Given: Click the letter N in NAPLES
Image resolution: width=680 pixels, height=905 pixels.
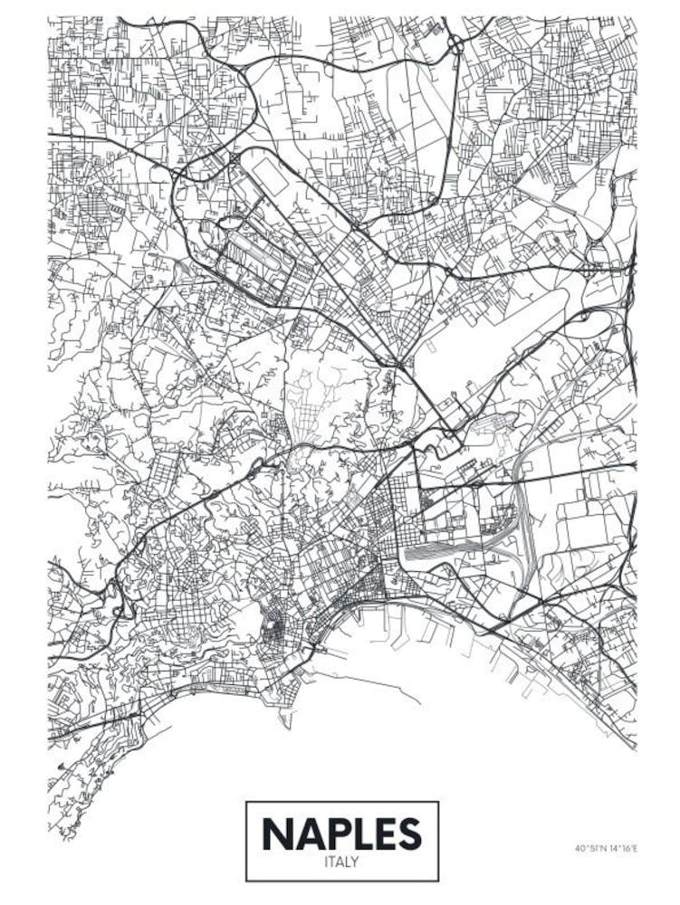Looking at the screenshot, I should tap(277, 834).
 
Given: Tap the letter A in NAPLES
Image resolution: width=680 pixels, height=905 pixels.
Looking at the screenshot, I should tap(307, 834).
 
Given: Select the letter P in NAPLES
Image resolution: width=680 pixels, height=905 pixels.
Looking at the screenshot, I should tap(335, 834).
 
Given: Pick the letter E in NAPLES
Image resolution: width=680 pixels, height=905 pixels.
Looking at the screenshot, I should tap(384, 834).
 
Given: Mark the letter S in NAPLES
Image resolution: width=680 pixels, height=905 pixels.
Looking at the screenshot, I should tap(409, 834).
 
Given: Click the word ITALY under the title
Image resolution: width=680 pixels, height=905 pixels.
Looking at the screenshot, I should tap(341, 862).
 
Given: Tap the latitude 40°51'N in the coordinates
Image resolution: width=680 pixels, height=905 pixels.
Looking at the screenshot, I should tap(590, 849).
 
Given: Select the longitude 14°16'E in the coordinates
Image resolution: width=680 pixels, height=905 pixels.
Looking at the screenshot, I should tap(624, 849).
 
